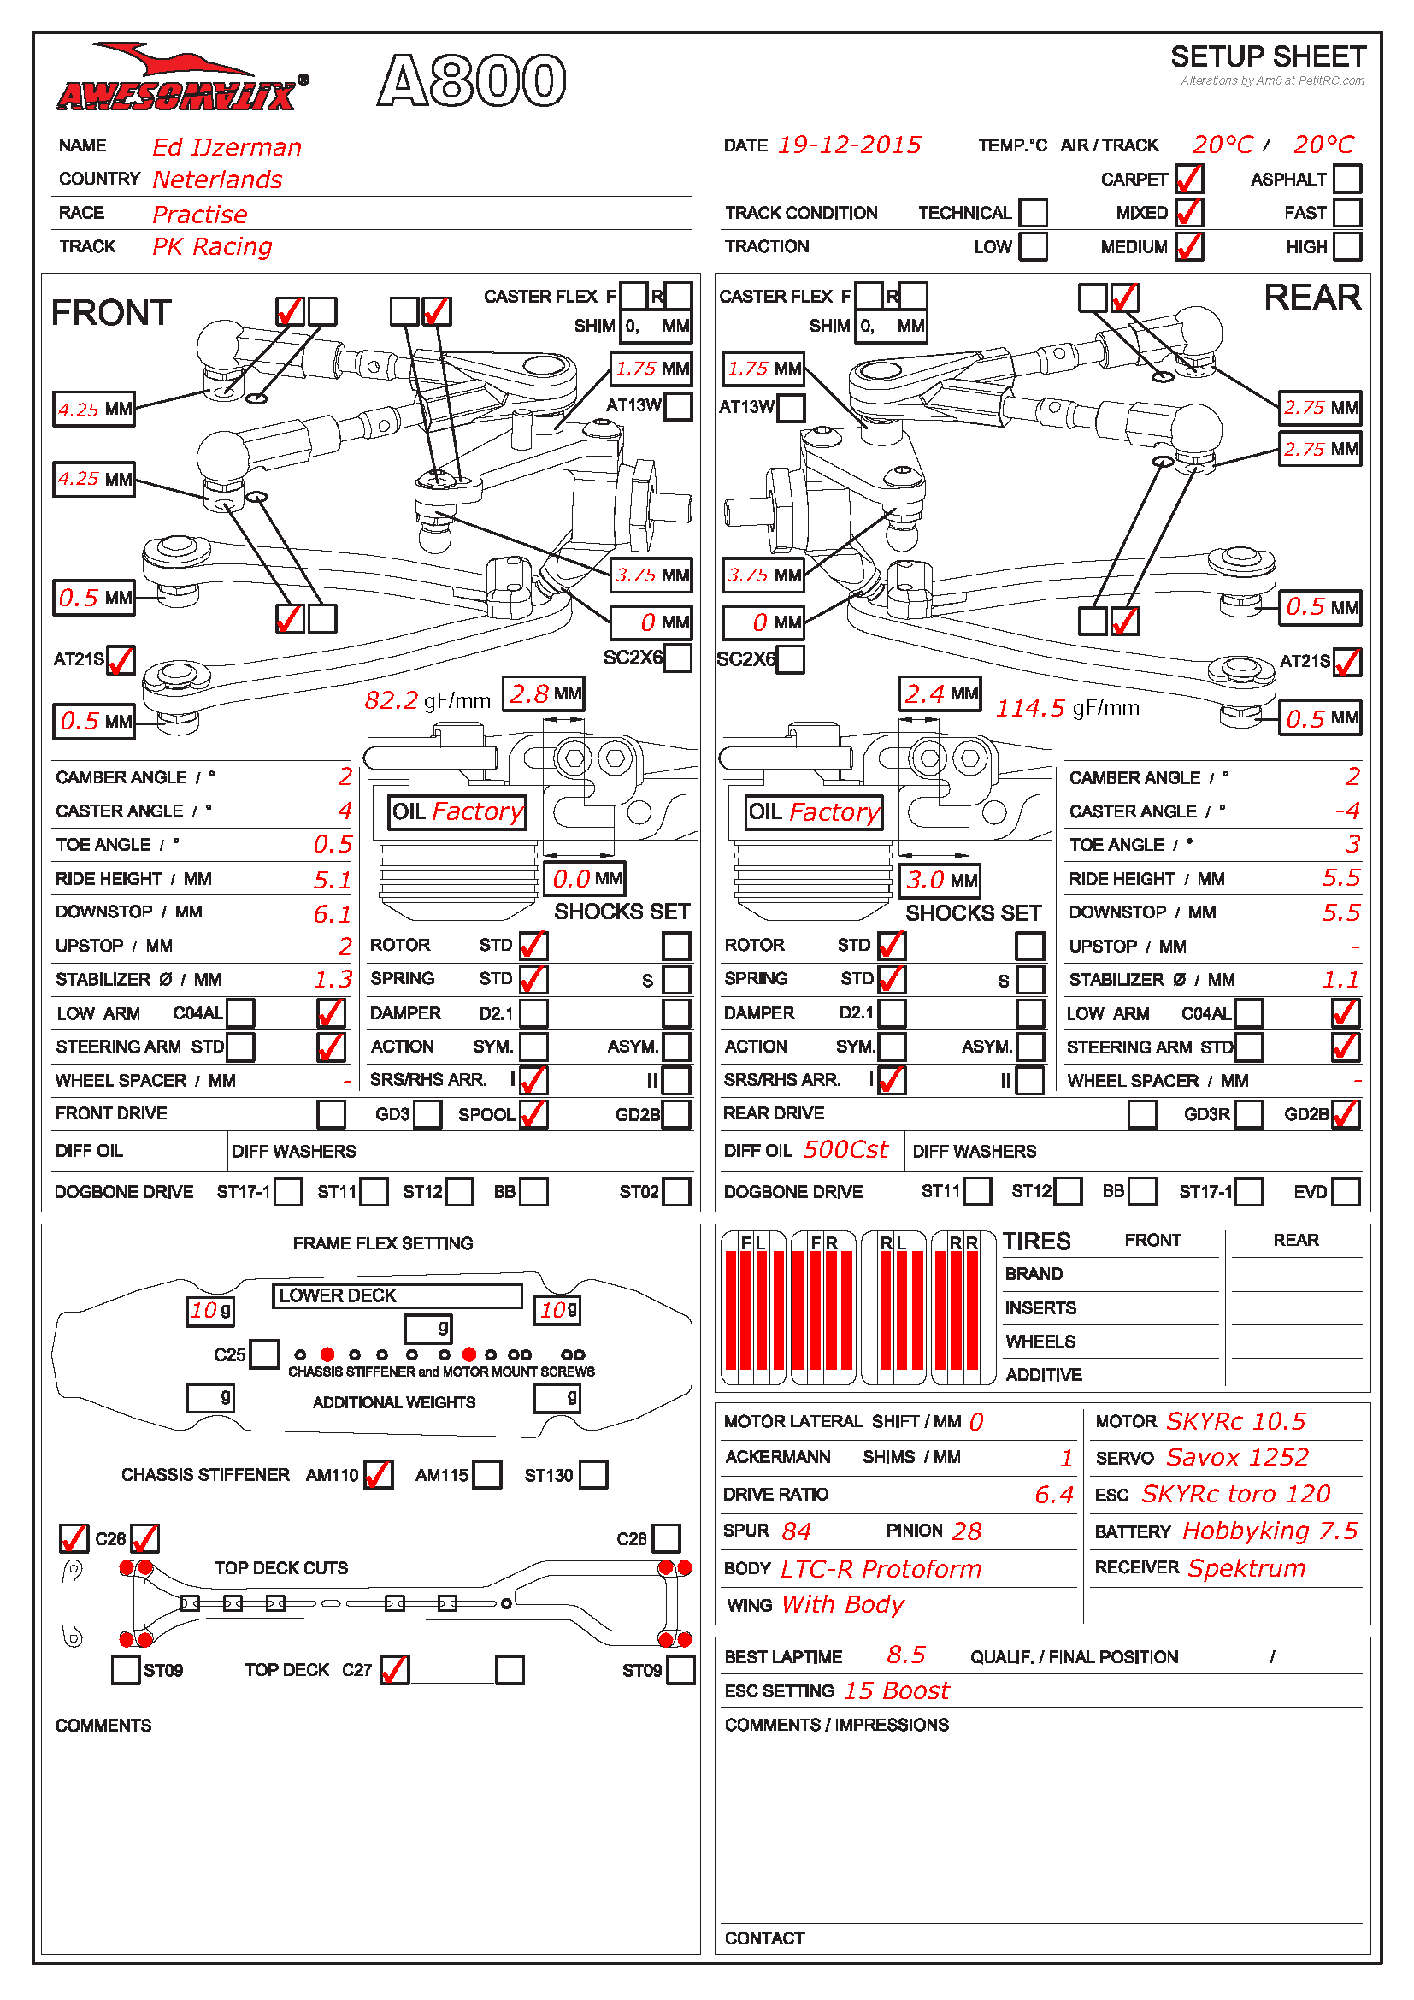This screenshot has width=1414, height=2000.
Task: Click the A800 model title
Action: coord(471,81)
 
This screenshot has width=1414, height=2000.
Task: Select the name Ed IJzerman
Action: coord(227,147)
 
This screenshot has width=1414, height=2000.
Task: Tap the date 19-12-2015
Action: coord(848,145)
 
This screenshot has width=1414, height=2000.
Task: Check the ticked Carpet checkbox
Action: coord(1188,179)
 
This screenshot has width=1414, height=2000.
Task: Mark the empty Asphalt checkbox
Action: coord(1346,179)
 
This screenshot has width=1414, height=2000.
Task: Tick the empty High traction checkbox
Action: coord(1346,246)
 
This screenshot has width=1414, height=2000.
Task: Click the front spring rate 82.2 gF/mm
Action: coord(427,700)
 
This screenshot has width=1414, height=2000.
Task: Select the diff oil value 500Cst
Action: coord(845,1150)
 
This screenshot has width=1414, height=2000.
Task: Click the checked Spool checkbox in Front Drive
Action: coord(533,1114)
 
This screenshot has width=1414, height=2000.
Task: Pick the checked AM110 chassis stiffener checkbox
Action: coord(378,1475)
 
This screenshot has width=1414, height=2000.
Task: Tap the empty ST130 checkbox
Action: coord(593,1475)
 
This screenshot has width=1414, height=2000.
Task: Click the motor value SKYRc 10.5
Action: coord(1235,1422)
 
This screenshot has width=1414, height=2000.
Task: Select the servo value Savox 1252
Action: coord(1237,1457)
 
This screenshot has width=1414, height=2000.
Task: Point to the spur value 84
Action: coord(796,1531)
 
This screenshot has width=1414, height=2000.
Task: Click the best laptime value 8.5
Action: coord(905,1655)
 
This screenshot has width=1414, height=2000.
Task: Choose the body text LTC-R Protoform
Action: coord(881,1569)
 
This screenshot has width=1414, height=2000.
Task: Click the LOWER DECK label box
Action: coord(397,1295)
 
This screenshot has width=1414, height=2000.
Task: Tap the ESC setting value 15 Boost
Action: coord(896,1690)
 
